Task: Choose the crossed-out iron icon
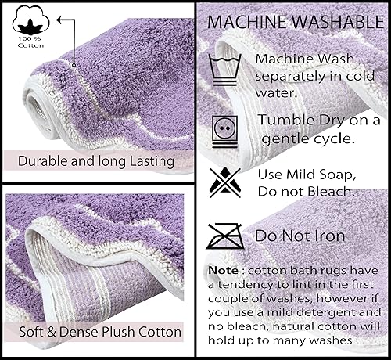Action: click(224, 234)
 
